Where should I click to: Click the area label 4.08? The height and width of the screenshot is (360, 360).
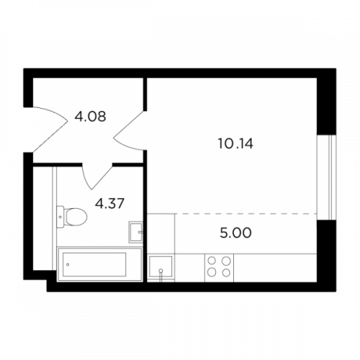click(x=90, y=117)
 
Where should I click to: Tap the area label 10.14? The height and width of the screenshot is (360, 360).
click(x=235, y=144)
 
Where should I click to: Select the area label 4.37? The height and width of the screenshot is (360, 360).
click(x=109, y=204)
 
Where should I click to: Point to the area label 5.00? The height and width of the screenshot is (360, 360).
click(x=235, y=233)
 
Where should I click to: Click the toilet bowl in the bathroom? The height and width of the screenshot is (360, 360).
click(x=76, y=217)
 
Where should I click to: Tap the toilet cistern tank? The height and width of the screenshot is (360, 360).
click(x=60, y=217)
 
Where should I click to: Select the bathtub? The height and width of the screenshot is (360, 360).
click(x=99, y=264)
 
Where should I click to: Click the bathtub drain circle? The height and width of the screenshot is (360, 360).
click(x=68, y=264)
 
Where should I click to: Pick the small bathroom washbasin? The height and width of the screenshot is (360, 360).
click(x=136, y=232)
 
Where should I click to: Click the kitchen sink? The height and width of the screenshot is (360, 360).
click(x=161, y=266)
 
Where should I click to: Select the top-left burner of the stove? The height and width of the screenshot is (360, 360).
click(x=212, y=261)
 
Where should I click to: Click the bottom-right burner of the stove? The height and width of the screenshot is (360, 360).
click(x=226, y=272)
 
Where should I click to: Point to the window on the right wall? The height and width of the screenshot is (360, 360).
click(x=326, y=177)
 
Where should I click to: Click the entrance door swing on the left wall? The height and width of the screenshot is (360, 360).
click(x=50, y=129)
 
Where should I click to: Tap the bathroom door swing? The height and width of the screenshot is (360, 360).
click(x=97, y=176)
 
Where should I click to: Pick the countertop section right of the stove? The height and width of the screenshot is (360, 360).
click(x=275, y=268)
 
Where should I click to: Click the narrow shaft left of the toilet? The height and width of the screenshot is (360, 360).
click(x=42, y=218)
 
